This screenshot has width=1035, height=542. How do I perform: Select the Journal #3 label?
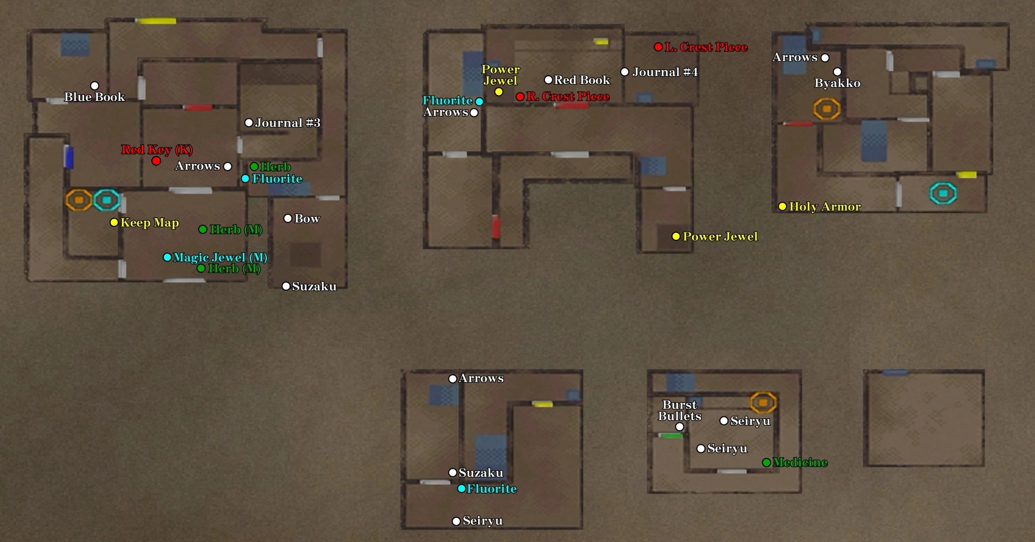288,123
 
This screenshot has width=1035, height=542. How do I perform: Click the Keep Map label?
149,223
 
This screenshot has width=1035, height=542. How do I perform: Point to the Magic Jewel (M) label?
220,257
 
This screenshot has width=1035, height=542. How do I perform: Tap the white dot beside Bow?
288,219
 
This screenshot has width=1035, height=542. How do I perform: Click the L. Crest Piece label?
706,47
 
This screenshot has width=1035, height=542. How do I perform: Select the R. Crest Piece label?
568,97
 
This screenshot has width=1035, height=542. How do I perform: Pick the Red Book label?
582,80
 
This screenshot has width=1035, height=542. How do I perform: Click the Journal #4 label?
665,72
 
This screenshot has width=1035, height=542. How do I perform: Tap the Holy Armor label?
825,206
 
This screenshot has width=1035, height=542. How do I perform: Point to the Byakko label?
837,83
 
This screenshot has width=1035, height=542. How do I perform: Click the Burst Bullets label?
679,410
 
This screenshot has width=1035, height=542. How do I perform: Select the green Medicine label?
800,462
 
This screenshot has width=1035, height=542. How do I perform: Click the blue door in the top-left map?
69,157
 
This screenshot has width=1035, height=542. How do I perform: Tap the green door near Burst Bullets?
671,435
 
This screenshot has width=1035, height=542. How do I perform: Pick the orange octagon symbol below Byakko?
826,109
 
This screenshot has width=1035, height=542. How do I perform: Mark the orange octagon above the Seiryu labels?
763,402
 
